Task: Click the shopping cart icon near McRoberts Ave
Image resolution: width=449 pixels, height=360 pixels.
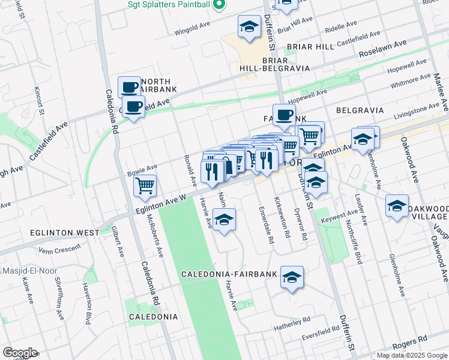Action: click(145, 186)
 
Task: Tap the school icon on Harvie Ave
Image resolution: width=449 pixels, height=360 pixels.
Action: click(224, 220)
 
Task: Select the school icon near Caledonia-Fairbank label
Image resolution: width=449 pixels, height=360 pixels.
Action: click(292, 277)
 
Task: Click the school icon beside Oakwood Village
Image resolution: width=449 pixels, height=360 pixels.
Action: click(397, 206)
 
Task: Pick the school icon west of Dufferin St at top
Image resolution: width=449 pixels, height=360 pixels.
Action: click(249, 26)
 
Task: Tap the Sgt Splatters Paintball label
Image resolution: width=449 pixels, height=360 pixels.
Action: click(169, 5)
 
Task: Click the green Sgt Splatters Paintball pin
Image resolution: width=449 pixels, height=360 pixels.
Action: click(219, 5)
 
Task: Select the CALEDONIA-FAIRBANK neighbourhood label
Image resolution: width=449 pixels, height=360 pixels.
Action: click(229, 274)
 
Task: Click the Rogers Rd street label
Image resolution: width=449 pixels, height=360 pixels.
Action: click(409, 347)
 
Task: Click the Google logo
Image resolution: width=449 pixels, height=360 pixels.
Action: click(20, 353)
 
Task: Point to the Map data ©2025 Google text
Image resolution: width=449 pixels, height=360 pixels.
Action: click(411, 355)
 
